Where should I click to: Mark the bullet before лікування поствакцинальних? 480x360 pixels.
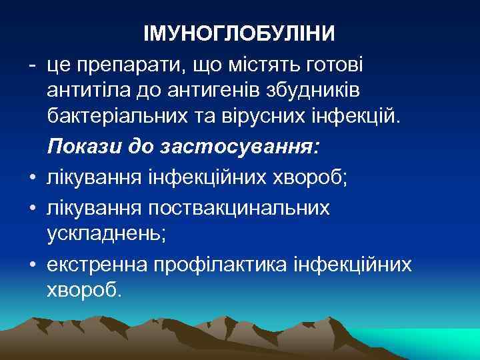pos(31,207)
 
